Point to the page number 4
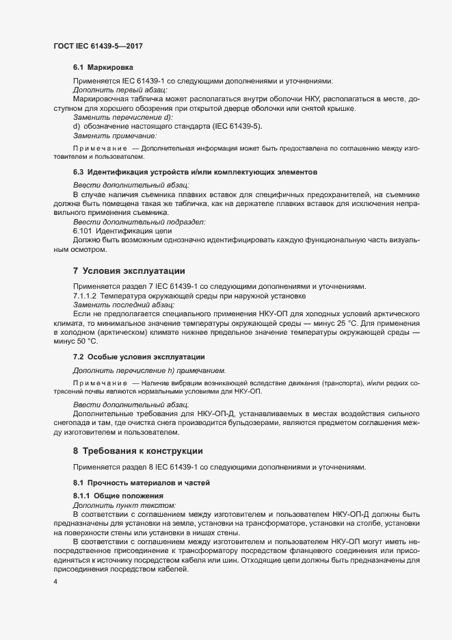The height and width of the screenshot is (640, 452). coord(55,582)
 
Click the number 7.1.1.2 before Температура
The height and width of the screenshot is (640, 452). coord(88,295)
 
